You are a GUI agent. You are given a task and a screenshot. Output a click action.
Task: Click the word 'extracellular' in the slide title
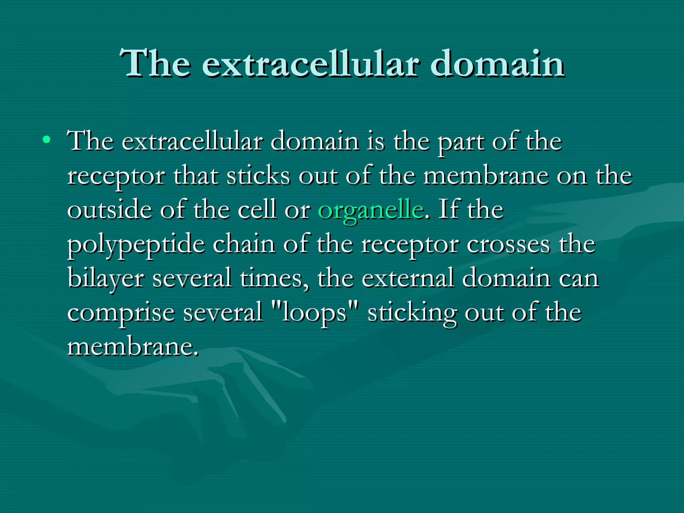click(310, 63)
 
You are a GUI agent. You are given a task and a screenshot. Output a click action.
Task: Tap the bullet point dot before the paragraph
click(47, 139)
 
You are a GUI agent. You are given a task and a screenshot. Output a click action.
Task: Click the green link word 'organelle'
click(371, 210)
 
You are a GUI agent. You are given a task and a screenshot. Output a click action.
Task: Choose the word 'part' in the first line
click(461, 142)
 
